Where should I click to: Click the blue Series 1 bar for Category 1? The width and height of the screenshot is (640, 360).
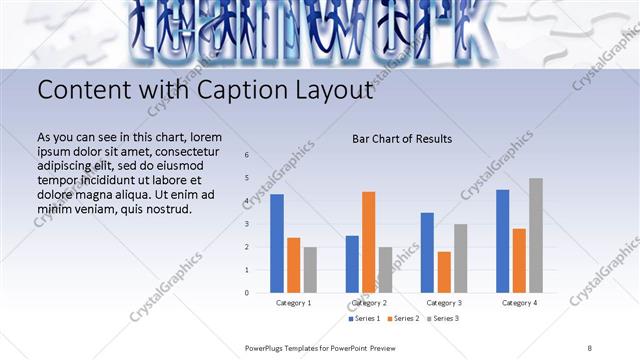[x=277, y=243]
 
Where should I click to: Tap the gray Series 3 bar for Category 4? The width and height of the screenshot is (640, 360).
[x=536, y=235]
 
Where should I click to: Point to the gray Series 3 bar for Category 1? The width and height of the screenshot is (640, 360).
[x=310, y=269]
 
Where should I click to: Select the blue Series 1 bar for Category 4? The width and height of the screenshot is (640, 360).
[x=502, y=241]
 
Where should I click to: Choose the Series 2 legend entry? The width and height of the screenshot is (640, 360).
[x=402, y=318]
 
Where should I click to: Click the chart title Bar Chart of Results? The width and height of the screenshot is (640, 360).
[x=402, y=139]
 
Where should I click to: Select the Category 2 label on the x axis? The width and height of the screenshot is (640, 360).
[x=369, y=302]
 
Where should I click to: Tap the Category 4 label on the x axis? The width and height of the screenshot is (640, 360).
[x=519, y=302]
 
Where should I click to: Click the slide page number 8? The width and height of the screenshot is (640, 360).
[x=589, y=347]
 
